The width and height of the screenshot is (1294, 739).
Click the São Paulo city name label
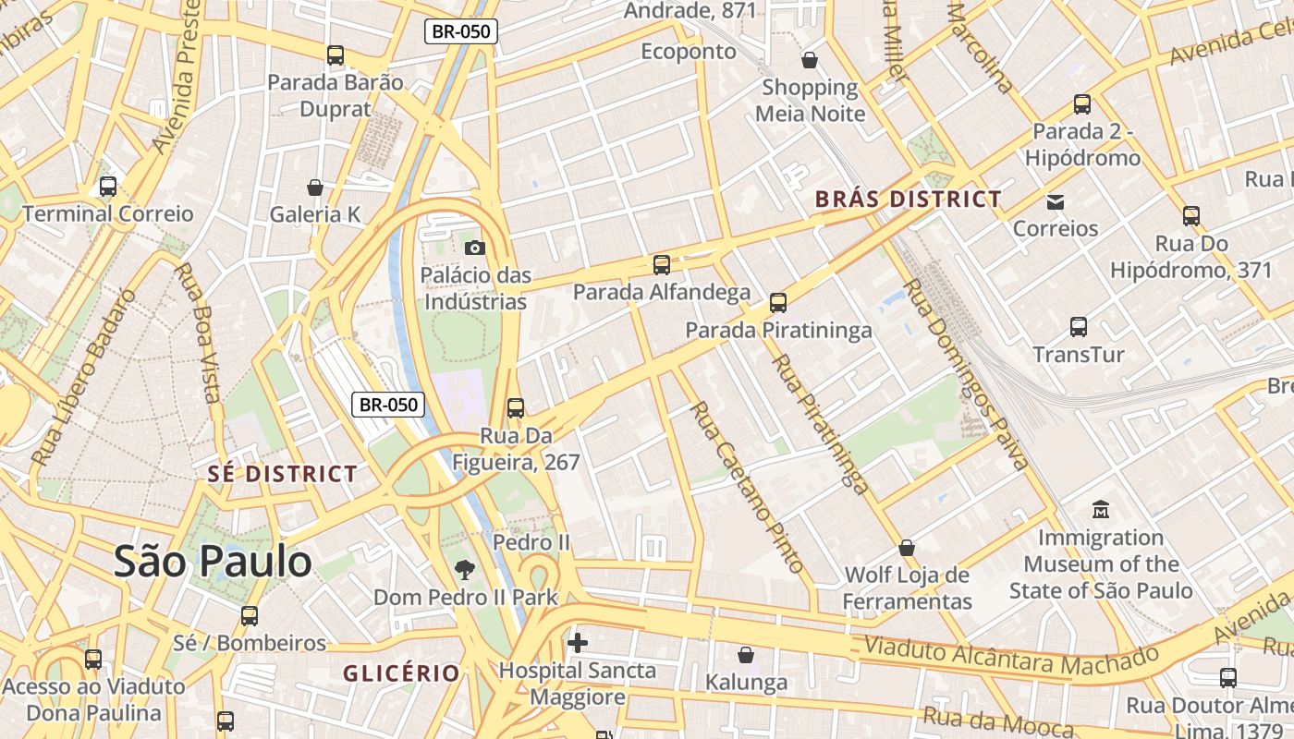click(213, 562)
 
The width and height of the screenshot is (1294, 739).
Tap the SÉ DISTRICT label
click(282, 475)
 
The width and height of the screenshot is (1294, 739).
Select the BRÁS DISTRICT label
click(908, 199)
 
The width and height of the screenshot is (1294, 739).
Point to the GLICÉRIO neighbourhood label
click(401, 673)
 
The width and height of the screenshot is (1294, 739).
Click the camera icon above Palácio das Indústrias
click(474, 248)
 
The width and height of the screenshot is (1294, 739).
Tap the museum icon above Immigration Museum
click(1100, 509)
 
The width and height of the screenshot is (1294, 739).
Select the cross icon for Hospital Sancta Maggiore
click(578, 642)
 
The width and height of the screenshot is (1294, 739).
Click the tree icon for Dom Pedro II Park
click(464, 570)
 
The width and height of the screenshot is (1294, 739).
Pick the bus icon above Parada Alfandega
click(662, 265)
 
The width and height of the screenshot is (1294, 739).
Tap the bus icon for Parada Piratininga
click(778, 302)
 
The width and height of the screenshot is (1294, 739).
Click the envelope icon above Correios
click(1056, 201)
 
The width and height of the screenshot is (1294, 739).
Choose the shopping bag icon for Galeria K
click(315, 188)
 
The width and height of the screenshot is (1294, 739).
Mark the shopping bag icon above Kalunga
click(746, 655)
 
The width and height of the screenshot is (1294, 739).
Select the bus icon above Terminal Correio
click(108, 187)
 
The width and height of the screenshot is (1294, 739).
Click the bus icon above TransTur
click(1078, 327)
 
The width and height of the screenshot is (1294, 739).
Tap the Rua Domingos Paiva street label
click(965, 374)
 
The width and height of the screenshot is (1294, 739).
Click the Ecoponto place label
click(689, 52)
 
